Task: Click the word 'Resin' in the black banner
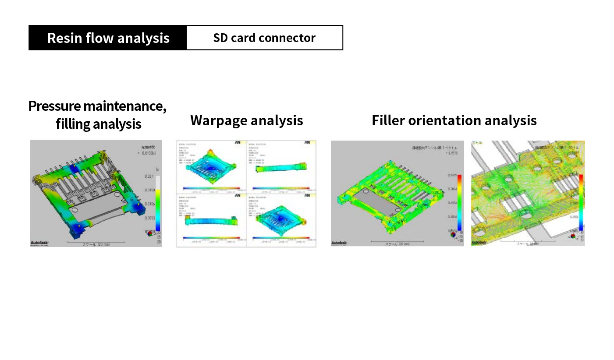click(65, 38)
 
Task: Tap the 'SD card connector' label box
click(264, 38)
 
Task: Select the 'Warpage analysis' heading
click(246, 120)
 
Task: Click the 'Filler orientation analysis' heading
click(454, 120)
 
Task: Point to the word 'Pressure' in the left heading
click(55, 106)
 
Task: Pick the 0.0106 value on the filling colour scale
click(150, 204)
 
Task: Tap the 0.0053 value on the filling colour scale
click(150, 218)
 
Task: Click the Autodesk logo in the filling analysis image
click(39, 242)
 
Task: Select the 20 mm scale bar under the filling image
click(96, 242)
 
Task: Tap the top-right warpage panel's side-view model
click(280, 168)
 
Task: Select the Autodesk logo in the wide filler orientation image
click(340, 242)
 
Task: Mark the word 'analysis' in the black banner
click(146, 38)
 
